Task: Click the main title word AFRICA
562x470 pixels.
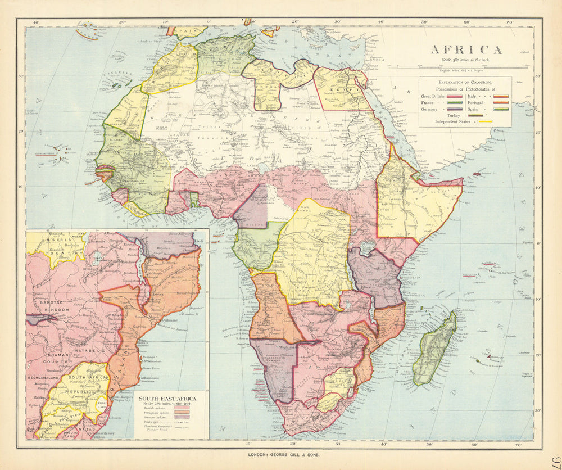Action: (x=466, y=49)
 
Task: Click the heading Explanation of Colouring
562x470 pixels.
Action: (x=465, y=83)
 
